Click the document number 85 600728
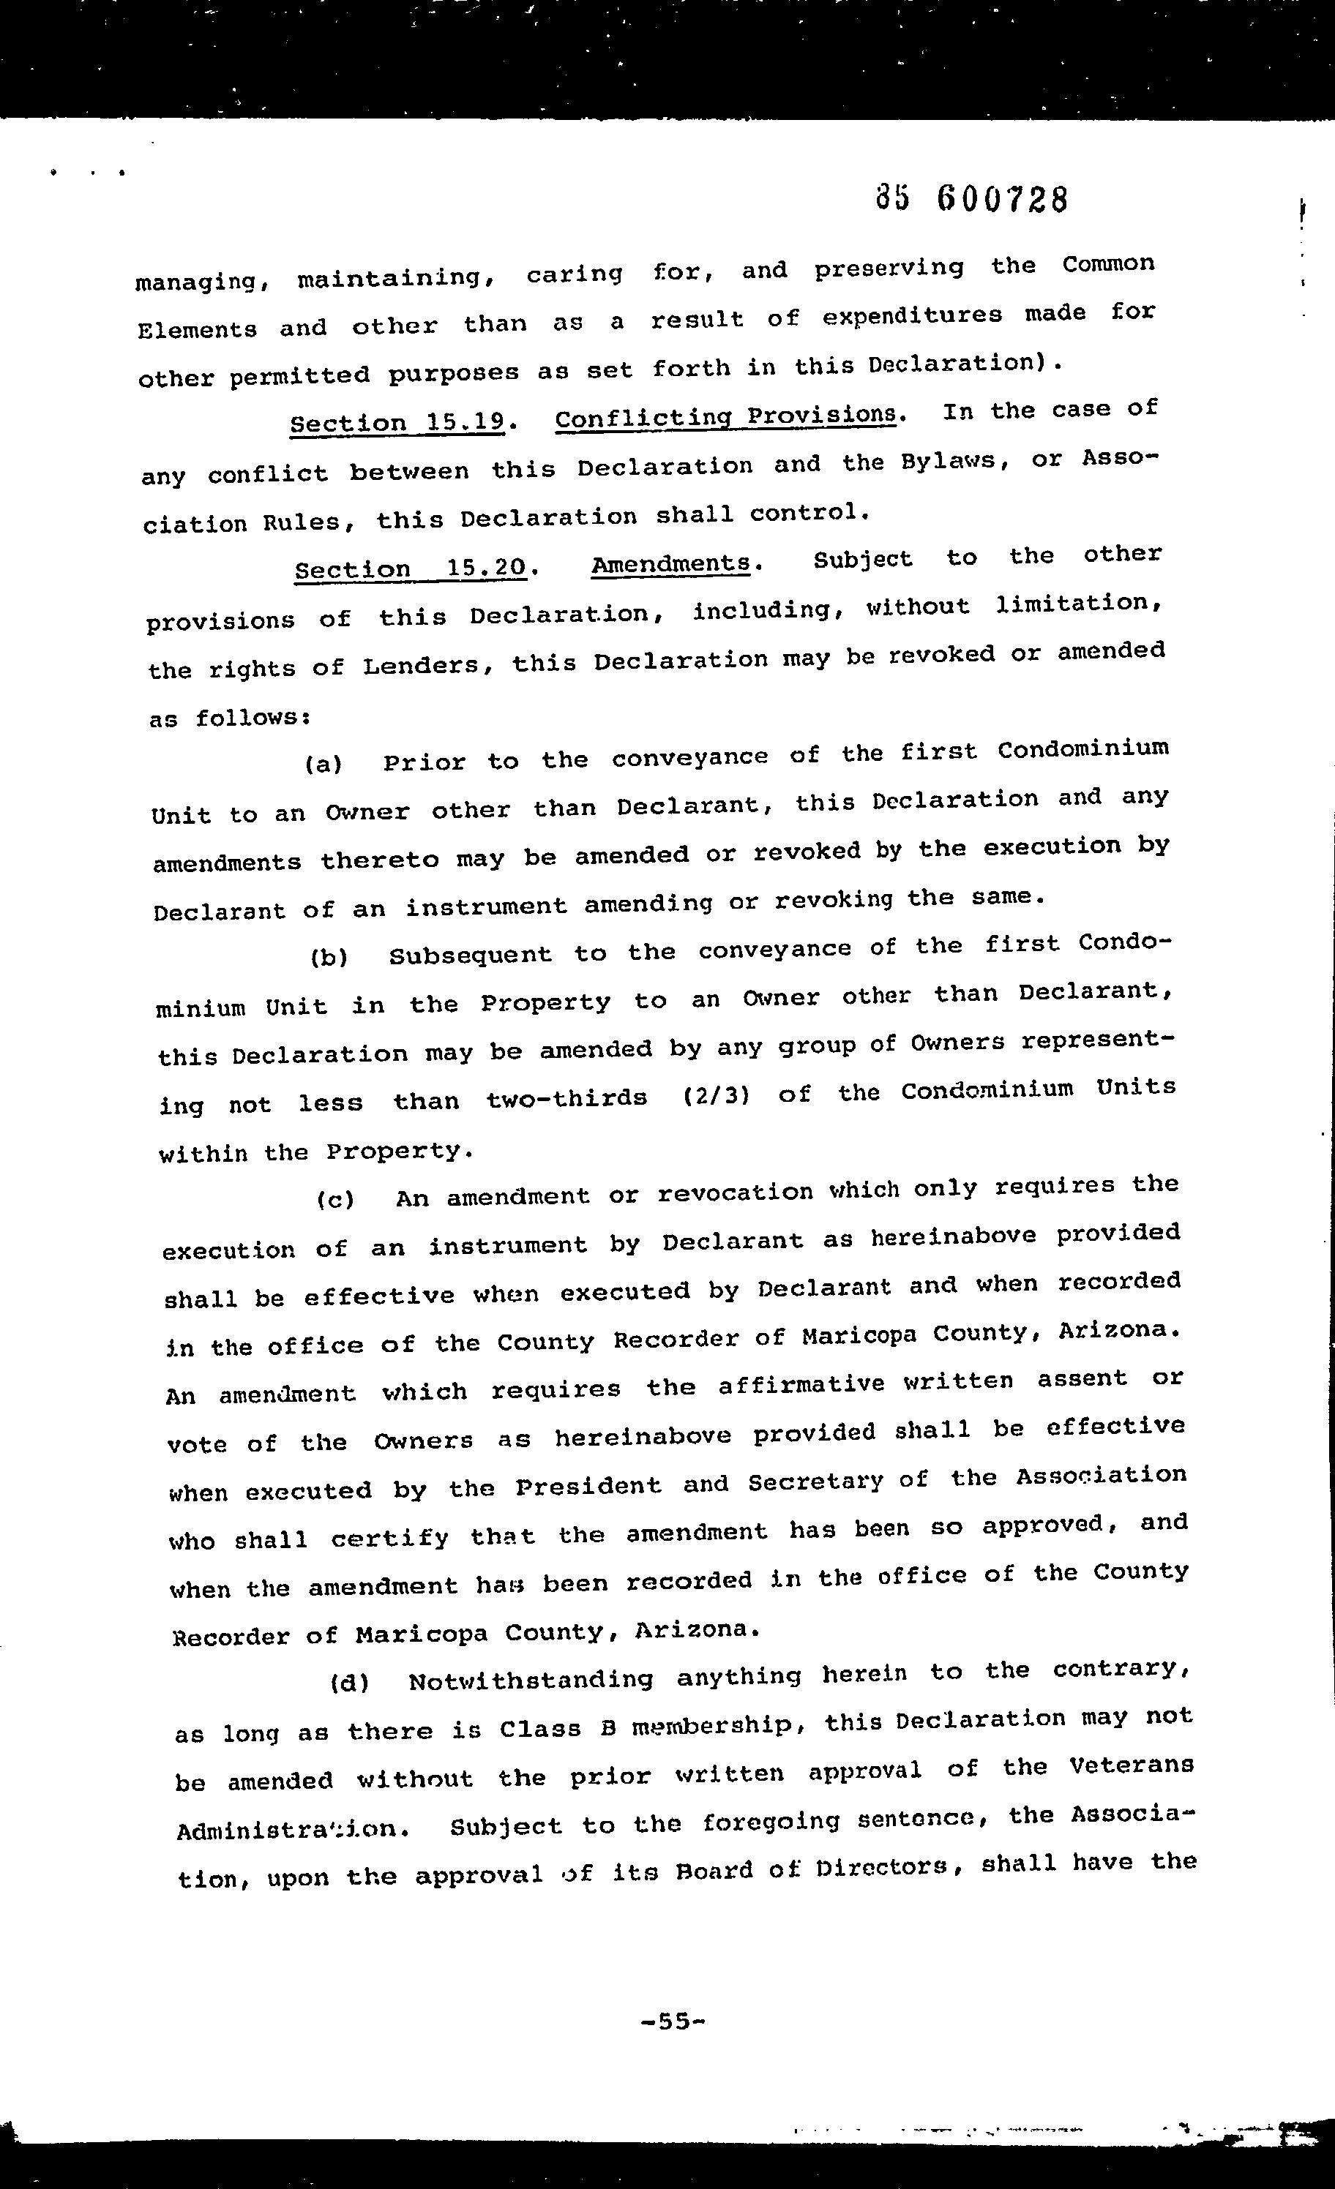(x=971, y=199)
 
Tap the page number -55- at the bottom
(x=673, y=2023)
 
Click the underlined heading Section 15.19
(x=397, y=421)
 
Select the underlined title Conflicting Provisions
(x=725, y=416)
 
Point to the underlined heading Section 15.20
(x=411, y=567)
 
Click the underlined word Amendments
(x=671, y=563)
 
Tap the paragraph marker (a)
(x=324, y=763)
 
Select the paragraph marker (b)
(x=329, y=958)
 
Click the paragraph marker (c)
(x=335, y=1200)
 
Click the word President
(x=588, y=1485)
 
